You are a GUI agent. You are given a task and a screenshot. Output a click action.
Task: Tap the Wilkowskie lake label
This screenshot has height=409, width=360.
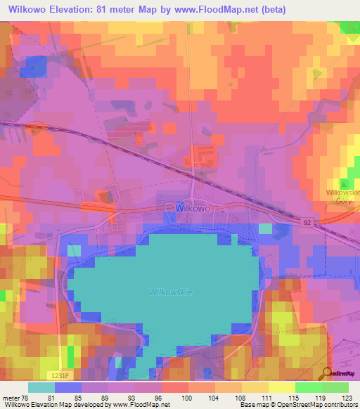tap(171, 291)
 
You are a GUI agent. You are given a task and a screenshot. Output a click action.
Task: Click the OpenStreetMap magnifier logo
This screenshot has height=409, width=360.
tap(328, 373)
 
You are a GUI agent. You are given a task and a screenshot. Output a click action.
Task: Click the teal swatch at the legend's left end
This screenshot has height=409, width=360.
tap(41, 387)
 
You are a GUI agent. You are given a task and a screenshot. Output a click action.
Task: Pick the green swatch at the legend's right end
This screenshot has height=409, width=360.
tap(335, 387)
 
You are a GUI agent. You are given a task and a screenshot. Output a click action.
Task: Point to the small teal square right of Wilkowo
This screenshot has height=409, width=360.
tap(264, 228)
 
